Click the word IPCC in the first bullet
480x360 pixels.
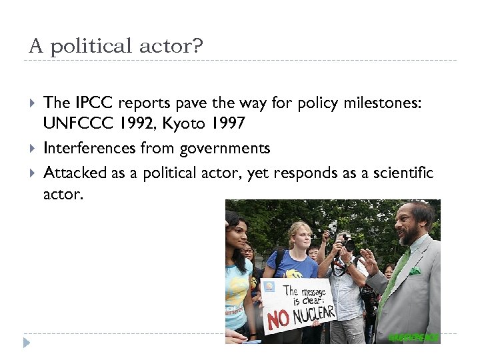pos(89,103)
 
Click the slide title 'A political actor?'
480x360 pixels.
pos(115,46)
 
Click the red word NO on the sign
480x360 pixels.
pos(279,318)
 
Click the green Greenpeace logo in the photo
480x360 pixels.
pos(413,337)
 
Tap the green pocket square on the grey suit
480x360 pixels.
pos(414,271)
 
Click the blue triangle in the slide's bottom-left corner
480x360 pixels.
pos(26,342)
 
